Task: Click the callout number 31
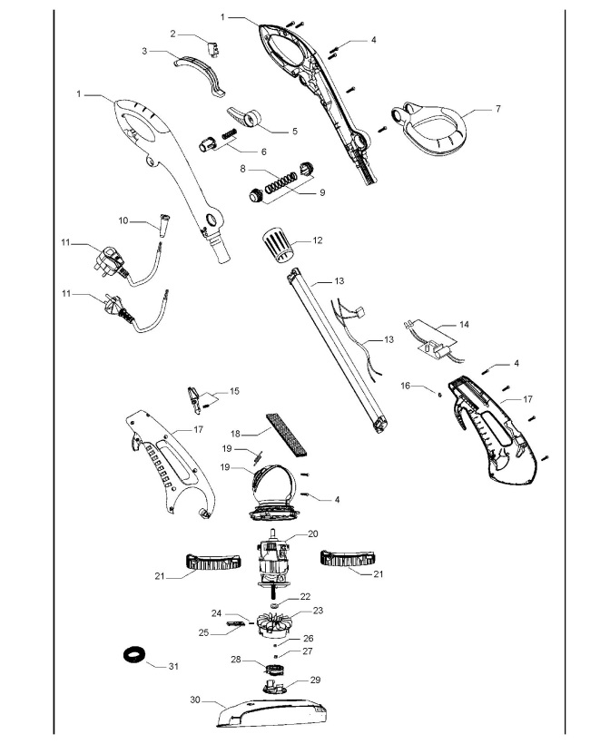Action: click(173, 666)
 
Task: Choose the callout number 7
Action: click(497, 108)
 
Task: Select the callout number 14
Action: click(465, 323)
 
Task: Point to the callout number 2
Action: click(173, 34)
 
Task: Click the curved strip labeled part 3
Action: click(202, 72)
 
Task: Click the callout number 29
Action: click(316, 679)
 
